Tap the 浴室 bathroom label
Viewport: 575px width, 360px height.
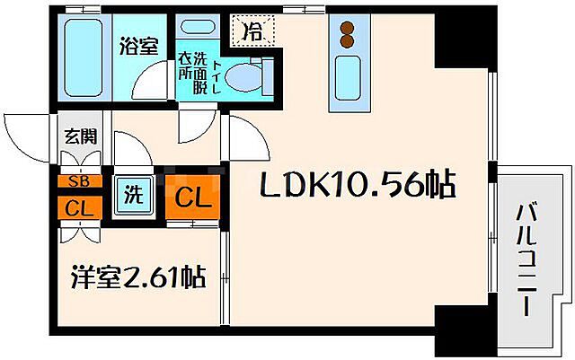click(140, 46)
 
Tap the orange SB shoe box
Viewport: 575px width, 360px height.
click(79, 180)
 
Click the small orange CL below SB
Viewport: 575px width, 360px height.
click(79, 208)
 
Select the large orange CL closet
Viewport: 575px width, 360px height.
click(191, 195)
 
